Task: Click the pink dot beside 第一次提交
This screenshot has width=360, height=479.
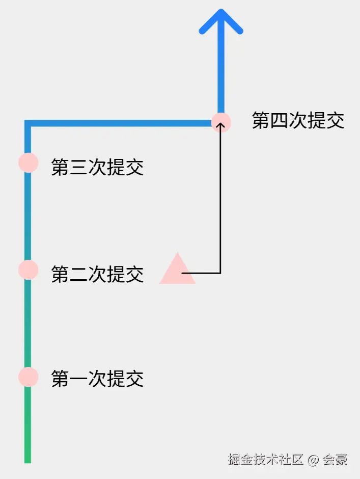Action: pyautogui.click(x=28, y=377)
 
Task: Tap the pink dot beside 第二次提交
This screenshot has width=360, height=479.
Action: pyautogui.click(x=28, y=270)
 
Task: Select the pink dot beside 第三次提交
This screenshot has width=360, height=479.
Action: pyautogui.click(x=28, y=163)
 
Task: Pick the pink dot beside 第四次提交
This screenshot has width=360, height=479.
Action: pyautogui.click(x=221, y=122)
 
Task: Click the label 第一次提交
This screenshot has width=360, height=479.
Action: pyautogui.click(x=97, y=379)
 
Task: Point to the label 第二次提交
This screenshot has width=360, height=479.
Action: pyautogui.click(x=97, y=274)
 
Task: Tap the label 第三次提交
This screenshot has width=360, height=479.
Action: pyautogui.click(x=97, y=167)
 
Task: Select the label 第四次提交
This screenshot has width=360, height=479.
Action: pyautogui.click(x=298, y=121)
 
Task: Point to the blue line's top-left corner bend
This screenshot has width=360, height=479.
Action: pyautogui.click(x=28, y=123)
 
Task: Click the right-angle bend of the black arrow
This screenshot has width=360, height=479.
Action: pyautogui.click(x=220, y=273)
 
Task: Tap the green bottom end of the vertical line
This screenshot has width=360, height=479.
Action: pyautogui.click(x=27, y=459)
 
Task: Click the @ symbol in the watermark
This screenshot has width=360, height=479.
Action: pyautogui.click(x=313, y=459)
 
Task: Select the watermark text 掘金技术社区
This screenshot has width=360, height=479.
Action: pyautogui.click(x=266, y=459)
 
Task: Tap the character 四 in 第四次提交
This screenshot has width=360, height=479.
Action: pyautogui.click(x=280, y=121)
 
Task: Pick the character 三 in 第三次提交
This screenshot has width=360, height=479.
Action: pyautogui.click(x=79, y=167)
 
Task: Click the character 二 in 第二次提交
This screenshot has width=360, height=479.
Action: pyautogui.click(x=79, y=274)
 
